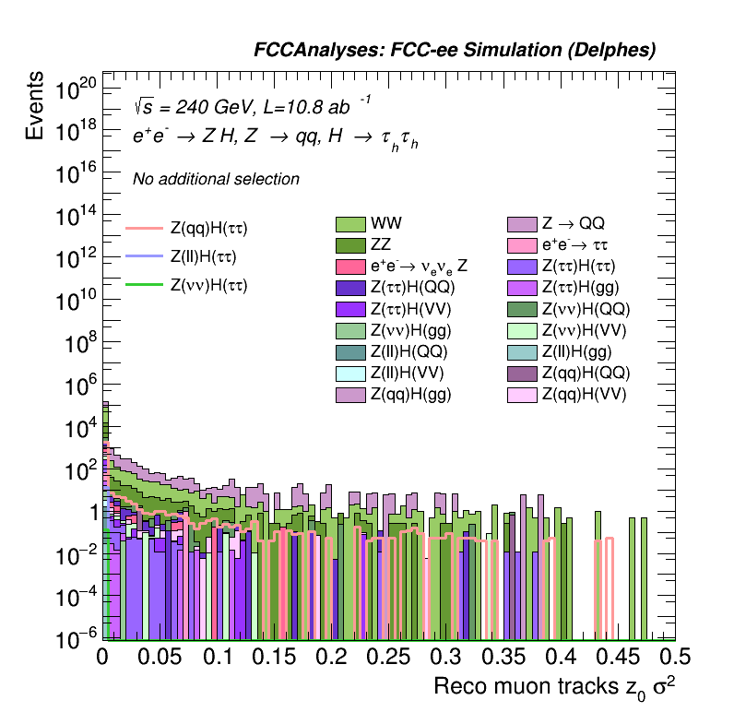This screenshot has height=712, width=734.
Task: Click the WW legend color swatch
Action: click(350, 224)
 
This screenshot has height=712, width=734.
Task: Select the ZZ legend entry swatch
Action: click(350, 245)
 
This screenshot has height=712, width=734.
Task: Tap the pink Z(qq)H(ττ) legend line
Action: click(143, 228)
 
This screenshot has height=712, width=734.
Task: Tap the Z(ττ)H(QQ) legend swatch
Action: click(350, 288)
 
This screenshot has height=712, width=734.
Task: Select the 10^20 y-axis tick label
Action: click(76, 90)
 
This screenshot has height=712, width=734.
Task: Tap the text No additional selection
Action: click(216, 179)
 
